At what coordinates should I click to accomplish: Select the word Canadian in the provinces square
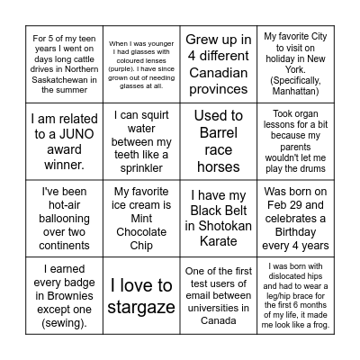[217, 72]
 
